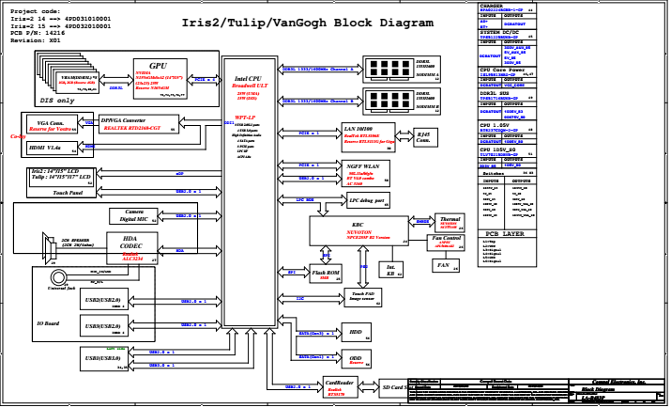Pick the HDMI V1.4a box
[x=47, y=148]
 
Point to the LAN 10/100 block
[x=366, y=135]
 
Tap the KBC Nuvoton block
[x=358, y=230]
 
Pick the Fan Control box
[x=446, y=242]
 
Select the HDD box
[x=355, y=333]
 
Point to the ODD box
[x=355, y=360]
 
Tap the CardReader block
[x=339, y=386]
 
